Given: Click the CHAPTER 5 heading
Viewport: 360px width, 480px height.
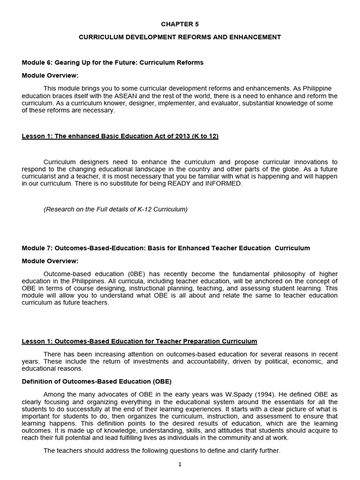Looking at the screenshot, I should click(180, 24).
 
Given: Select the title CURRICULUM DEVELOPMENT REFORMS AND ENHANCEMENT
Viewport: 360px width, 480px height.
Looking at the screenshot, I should click(180, 37).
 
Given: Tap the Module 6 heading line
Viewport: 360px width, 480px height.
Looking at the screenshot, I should click(112, 62).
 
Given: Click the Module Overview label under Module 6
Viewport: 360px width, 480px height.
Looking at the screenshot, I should click(50, 75).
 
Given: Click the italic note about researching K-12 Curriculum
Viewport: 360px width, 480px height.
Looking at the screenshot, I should click(115, 209).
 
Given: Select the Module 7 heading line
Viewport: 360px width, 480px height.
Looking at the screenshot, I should click(165, 248).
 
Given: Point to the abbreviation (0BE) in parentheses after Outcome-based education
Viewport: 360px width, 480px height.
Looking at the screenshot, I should click(137, 274).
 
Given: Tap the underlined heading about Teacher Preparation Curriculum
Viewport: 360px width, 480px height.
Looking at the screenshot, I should click(139, 341).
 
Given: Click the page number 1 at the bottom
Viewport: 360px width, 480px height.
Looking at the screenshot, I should click(180, 465).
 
